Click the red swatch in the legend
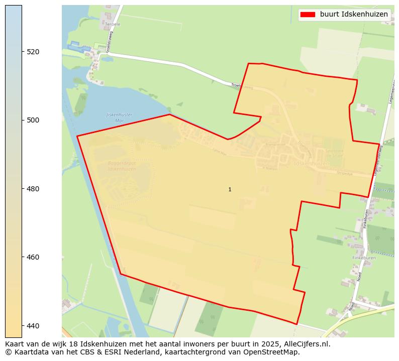tap(307, 15)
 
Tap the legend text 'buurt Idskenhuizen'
tap(354, 15)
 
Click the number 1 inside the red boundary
tap(230, 189)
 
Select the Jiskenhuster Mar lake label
tap(119, 117)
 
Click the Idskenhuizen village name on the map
tap(312, 163)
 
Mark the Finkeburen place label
tap(364, 258)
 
